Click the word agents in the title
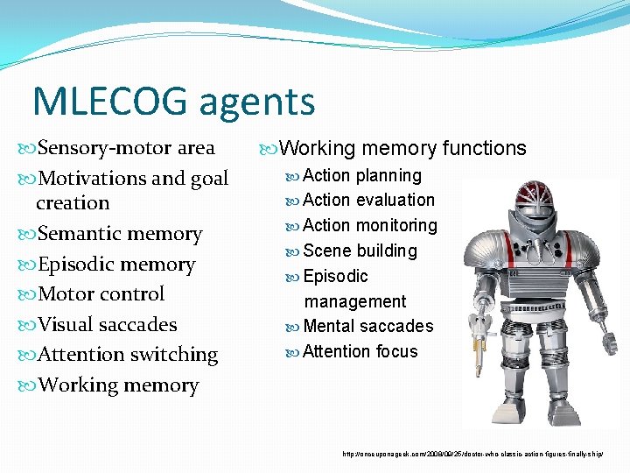tap(257, 103)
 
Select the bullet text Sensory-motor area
tap(127, 148)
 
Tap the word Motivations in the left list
tap(94, 179)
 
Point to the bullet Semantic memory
tap(121, 234)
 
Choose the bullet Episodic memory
tap(117, 265)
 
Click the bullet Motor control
tap(101, 294)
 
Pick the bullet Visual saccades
tap(108, 325)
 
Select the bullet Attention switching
tap(129, 355)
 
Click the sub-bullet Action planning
tap(361, 175)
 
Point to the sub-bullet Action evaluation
tap(368, 201)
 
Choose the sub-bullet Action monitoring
tap(369, 225)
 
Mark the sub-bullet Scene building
tap(360, 251)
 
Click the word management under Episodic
tap(355, 301)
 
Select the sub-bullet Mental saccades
tap(367, 326)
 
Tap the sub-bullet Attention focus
tap(360, 351)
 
